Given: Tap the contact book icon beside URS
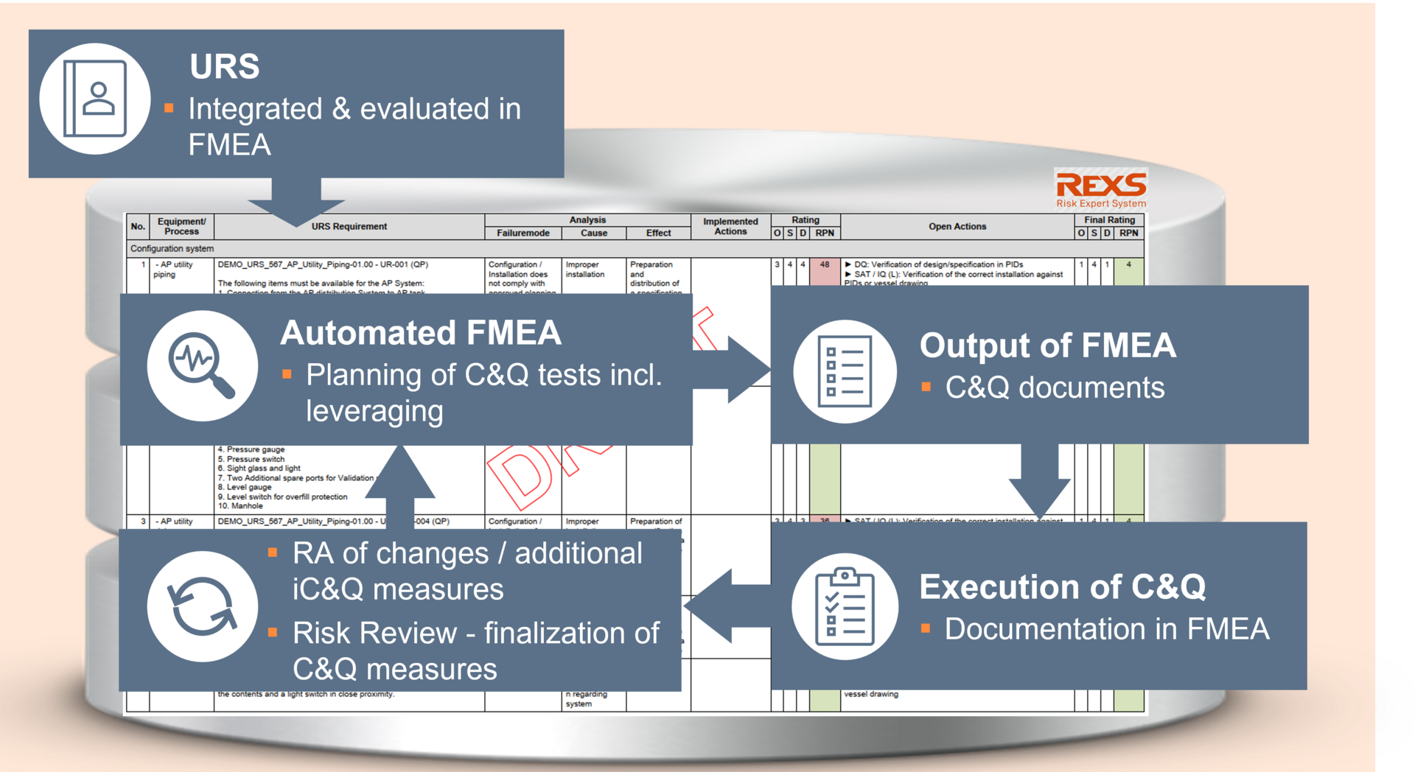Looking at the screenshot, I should click(x=95, y=99).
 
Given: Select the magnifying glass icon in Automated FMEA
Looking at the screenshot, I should click(x=201, y=365).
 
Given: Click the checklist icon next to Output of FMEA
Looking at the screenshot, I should click(x=845, y=371).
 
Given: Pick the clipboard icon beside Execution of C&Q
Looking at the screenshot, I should click(x=845, y=607).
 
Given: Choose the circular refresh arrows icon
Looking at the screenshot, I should click(x=202, y=606).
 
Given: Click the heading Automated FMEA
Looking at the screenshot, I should click(x=420, y=333).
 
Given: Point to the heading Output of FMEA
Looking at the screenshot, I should click(x=1047, y=345).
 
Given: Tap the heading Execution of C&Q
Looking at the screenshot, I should click(x=1062, y=587).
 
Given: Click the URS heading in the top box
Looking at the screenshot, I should click(x=224, y=66).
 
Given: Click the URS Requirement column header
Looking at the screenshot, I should click(x=349, y=227).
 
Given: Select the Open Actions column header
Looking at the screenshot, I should click(x=957, y=227).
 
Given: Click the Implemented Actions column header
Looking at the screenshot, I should click(x=730, y=227).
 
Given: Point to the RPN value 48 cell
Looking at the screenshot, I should click(x=825, y=265).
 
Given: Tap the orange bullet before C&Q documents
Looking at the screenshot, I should click(x=926, y=387).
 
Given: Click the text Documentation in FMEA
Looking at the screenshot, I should click(x=1106, y=629).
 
